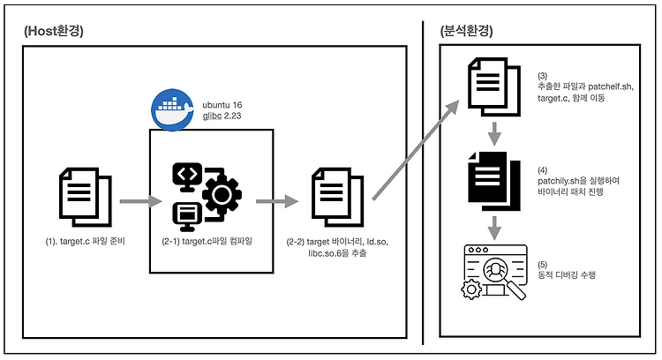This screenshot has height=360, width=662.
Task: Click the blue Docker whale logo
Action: click(x=172, y=109)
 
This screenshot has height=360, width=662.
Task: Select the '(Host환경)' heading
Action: click(x=54, y=31)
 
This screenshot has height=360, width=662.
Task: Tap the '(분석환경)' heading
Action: click(x=466, y=31)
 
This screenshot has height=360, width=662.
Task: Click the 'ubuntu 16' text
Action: click(x=222, y=105)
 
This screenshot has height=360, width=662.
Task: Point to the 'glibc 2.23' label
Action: click(x=222, y=116)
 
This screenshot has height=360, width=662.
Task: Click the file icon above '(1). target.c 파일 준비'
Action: click(x=86, y=197)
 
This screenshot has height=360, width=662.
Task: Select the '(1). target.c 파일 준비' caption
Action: click(x=86, y=242)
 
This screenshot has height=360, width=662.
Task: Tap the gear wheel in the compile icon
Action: click(x=222, y=195)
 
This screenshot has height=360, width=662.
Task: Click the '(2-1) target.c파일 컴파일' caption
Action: click(x=207, y=242)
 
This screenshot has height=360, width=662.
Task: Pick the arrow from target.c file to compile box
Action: click(x=141, y=201)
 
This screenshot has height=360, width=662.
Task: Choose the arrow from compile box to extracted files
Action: click(x=277, y=201)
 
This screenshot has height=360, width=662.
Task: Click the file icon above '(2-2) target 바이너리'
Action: click(x=337, y=197)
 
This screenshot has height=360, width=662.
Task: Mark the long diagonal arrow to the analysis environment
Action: click(x=416, y=150)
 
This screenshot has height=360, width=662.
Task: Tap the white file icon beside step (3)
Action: click(x=494, y=87)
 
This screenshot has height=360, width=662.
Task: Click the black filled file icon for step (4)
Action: click(x=494, y=181)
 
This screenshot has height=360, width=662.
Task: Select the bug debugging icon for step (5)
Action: click(x=494, y=273)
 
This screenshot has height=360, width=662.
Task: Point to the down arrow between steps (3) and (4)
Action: click(x=494, y=134)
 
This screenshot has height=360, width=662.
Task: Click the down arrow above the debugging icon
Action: click(x=494, y=229)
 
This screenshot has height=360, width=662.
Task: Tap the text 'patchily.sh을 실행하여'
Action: click(x=578, y=181)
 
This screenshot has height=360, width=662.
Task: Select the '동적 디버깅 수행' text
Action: click(x=567, y=274)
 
